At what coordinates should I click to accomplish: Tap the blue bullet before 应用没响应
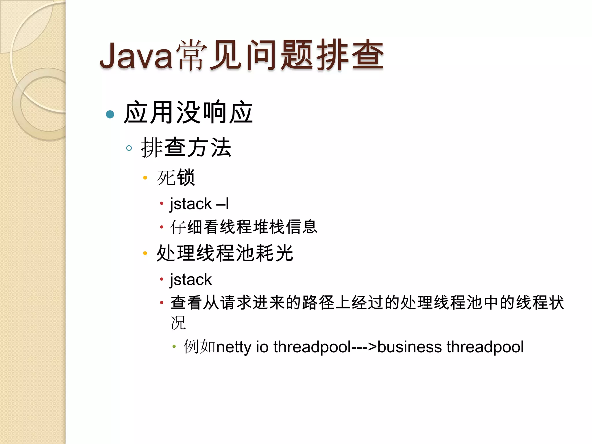[110, 114]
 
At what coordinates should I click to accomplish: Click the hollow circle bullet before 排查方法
[129, 148]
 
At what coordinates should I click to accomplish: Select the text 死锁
[176, 177]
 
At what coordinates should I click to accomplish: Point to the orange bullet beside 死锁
[145, 177]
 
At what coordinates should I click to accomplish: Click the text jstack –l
[199, 204]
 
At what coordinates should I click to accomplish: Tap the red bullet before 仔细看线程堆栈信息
[162, 227]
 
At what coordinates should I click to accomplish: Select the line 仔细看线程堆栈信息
[244, 227]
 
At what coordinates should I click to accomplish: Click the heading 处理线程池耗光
[225, 253]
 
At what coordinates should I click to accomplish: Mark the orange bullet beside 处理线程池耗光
[145, 254]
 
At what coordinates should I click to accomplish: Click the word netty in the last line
[234, 347]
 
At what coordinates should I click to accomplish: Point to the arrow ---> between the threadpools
[364, 347]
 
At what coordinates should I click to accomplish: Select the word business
[410, 347]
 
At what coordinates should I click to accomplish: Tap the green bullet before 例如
[174, 346]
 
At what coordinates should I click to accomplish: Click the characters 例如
[199, 347]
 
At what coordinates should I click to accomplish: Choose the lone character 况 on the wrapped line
[178, 323]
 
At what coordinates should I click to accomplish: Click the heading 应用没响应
[188, 113]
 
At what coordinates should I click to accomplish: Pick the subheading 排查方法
[186, 148]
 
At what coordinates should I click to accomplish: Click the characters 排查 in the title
[350, 55]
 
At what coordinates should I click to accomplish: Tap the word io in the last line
[262, 347]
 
